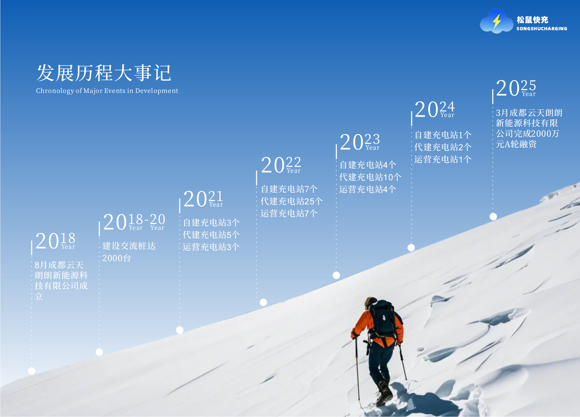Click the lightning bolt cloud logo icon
496,22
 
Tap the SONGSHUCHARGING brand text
541,29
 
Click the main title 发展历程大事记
104,73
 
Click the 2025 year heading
516,88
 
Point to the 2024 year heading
434,109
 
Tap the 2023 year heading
359,142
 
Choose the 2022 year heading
281,165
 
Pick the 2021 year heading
203,199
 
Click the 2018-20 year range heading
134,222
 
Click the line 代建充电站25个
291,201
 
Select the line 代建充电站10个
370,177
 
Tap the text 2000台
116,258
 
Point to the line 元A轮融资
516,144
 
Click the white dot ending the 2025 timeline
493,217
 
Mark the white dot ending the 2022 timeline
263,302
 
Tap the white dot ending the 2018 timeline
32,371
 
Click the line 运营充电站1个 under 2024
443,159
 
